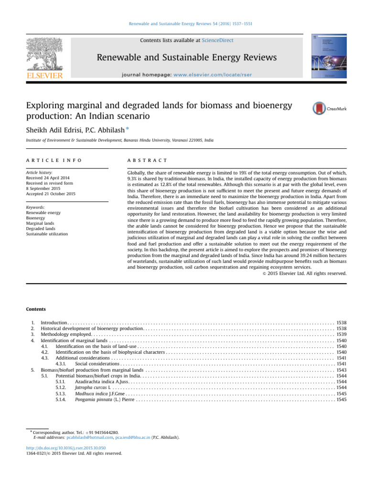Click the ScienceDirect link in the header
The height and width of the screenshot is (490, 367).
(x=218, y=41)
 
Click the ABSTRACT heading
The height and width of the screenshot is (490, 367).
(x=143, y=159)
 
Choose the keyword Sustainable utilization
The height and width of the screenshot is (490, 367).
(x=47, y=234)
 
